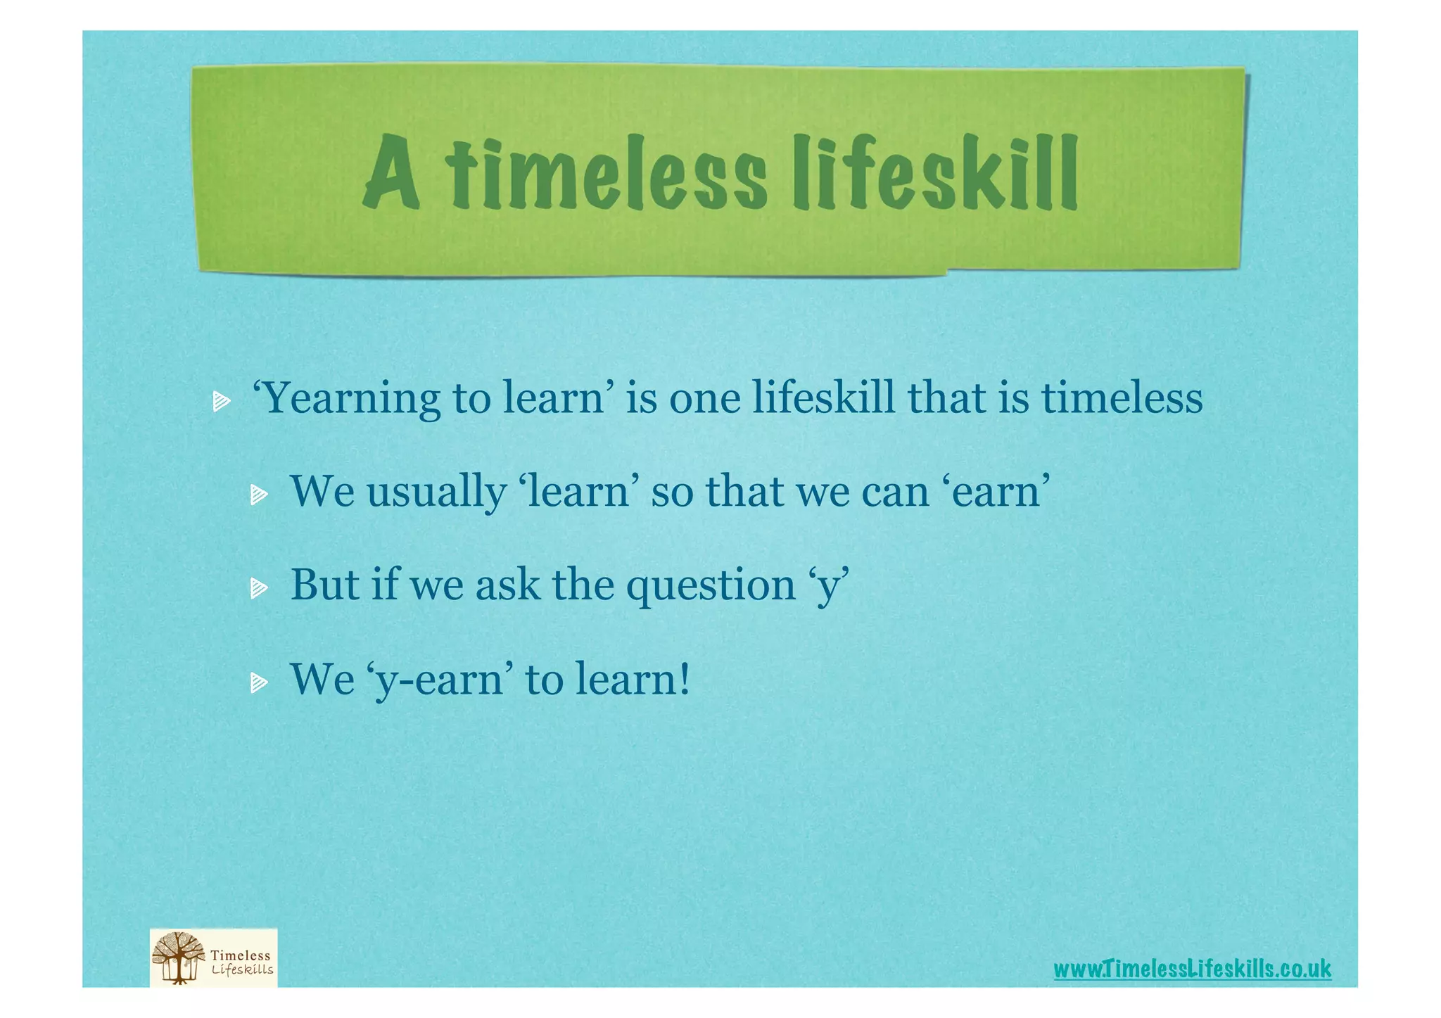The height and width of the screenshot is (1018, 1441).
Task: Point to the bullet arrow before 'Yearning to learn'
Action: coord(222,402)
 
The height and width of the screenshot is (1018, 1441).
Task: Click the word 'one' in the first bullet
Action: coord(704,398)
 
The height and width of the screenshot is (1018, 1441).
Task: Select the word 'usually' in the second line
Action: coord(436,491)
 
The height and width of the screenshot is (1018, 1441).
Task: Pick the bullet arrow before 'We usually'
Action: coord(259,495)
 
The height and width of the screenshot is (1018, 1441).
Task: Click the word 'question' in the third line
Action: coord(711,585)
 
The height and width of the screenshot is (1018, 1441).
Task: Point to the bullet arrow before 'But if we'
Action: coord(259,588)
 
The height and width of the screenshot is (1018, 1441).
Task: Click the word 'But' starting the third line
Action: coord(324,585)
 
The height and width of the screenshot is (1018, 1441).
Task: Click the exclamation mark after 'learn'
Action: coord(683,680)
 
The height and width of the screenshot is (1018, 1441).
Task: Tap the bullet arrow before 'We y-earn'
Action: coord(259,682)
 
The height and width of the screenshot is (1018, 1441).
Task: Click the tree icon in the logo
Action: coord(179,957)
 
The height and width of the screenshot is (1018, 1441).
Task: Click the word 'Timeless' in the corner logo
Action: coord(240,955)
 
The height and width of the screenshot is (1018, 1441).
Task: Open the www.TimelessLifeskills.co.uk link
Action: coord(1192,969)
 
